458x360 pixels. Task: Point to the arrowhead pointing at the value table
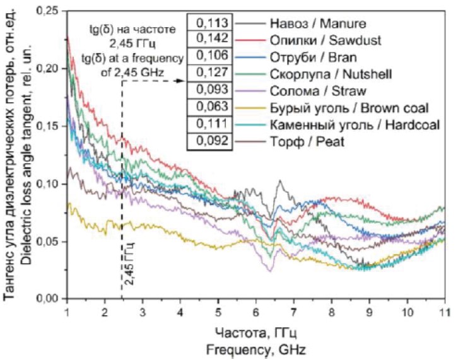[180, 82]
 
